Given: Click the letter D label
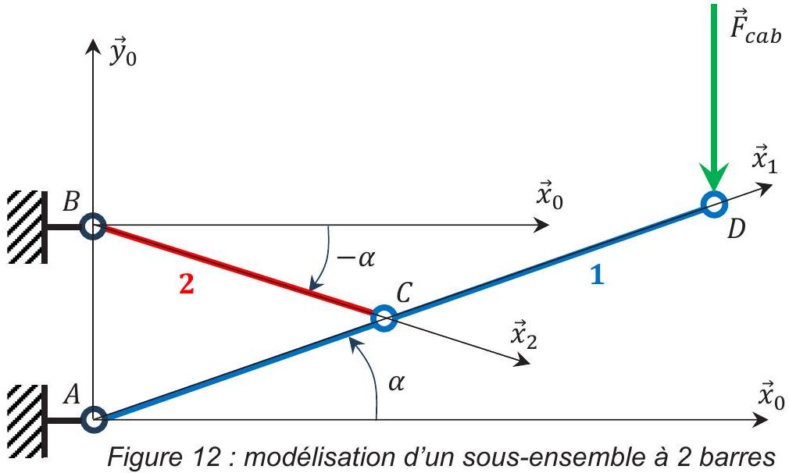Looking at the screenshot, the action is (x=736, y=230).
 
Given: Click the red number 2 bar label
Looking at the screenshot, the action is (x=186, y=285).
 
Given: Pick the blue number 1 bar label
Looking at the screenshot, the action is (x=598, y=276).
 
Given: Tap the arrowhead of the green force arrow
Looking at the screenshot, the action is (x=713, y=177).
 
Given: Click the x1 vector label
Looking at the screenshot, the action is (x=764, y=160).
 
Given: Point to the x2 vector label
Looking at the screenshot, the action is (x=524, y=335).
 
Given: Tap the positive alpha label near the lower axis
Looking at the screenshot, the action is (x=397, y=383).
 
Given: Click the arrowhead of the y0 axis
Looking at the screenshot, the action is (x=91, y=46).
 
